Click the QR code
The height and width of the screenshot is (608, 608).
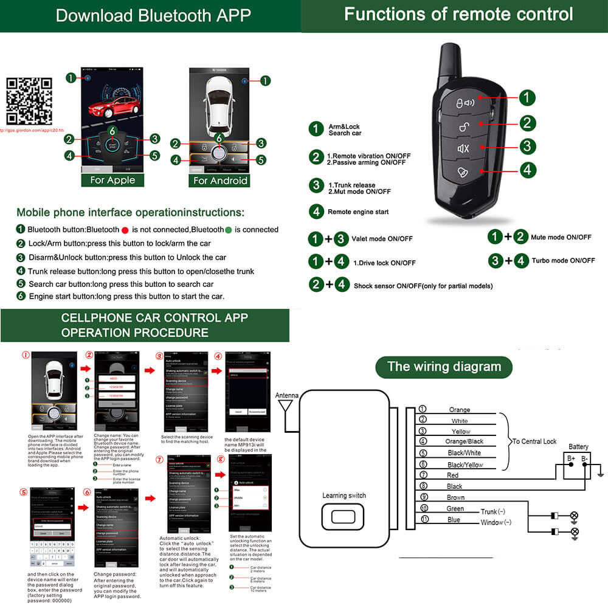[x=29, y=101]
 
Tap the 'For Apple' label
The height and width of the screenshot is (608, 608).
[x=112, y=180]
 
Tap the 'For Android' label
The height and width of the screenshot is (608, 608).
[x=220, y=180]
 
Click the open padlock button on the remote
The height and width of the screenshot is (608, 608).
[x=464, y=125]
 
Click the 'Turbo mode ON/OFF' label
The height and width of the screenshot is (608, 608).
[x=563, y=261]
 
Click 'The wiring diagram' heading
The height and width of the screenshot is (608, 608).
[x=444, y=367]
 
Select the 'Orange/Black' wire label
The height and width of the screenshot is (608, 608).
[x=465, y=441]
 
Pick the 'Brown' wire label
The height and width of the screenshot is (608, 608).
[x=455, y=497]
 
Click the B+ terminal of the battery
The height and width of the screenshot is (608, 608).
[x=571, y=458]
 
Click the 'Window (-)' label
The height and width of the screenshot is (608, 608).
[x=496, y=522]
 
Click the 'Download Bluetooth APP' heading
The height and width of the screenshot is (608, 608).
[x=153, y=16]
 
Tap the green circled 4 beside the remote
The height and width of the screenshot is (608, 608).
[x=527, y=170]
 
